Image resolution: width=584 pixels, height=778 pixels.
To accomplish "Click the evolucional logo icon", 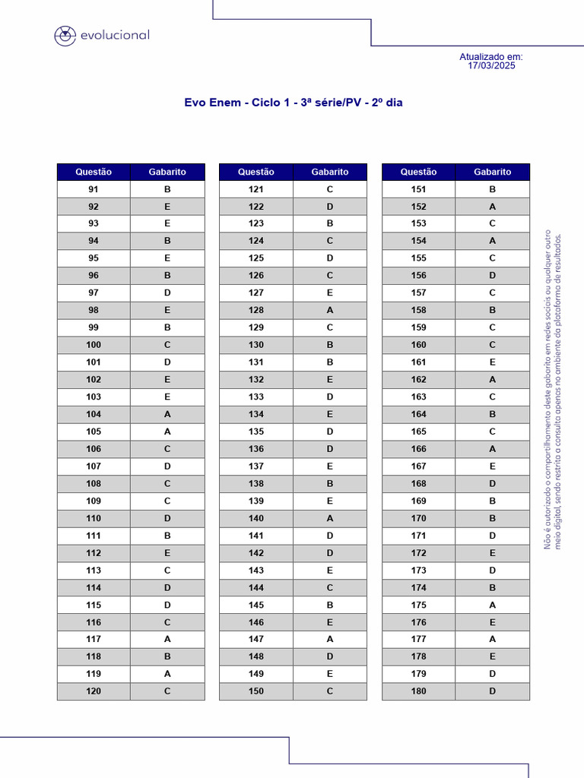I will pyautogui.click(x=65, y=36).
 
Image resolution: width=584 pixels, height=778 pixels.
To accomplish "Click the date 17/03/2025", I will pyautogui.click(x=491, y=66).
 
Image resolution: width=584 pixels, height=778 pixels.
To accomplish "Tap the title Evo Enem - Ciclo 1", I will pyautogui.click(x=293, y=103).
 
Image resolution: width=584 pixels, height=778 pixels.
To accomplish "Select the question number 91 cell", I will pyautogui.click(x=94, y=189).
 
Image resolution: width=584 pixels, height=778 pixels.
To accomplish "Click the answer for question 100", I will pyautogui.click(x=167, y=345).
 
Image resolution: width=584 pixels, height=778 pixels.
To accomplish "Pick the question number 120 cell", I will pyautogui.click(x=94, y=691).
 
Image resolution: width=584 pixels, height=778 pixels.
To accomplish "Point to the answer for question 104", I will pyautogui.click(x=167, y=414).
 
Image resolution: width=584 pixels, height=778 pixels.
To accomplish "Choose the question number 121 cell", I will pyautogui.click(x=256, y=189).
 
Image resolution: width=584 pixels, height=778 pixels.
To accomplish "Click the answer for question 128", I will pyautogui.click(x=330, y=310).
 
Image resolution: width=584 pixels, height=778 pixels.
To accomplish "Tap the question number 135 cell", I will pyautogui.click(x=256, y=432).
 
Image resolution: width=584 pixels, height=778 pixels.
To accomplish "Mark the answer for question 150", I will pyautogui.click(x=330, y=691).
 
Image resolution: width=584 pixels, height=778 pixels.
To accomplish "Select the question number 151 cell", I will pyautogui.click(x=419, y=189).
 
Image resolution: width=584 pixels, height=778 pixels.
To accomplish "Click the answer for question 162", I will pyautogui.click(x=493, y=379).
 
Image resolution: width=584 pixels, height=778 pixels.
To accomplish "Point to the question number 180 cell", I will pyautogui.click(x=419, y=691).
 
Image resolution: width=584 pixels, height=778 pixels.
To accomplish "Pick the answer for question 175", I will pyautogui.click(x=493, y=605).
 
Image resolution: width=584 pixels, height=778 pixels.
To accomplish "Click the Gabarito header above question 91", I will pyautogui.click(x=167, y=172).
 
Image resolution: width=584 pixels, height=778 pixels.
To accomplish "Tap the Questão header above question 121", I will pyautogui.click(x=256, y=172).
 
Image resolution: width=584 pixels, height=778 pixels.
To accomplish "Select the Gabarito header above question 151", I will pyautogui.click(x=493, y=172).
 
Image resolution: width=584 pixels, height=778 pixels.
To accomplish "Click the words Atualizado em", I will pyautogui.click(x=491, y=57).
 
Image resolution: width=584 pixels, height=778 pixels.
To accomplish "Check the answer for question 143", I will pyautogui.click(x=330, y=571).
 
